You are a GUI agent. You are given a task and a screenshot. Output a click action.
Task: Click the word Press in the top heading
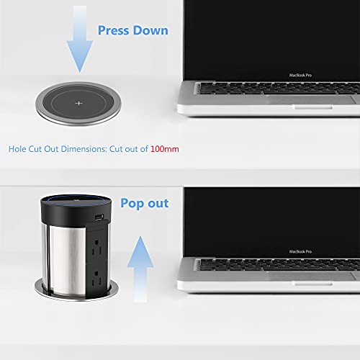[x=114, y=30]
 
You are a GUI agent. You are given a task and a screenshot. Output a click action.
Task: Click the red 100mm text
[x=164, y=149]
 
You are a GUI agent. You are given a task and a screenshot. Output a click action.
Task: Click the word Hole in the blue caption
[x=18, y=149]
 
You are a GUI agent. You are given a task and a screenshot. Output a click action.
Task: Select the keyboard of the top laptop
[x=281, y=90]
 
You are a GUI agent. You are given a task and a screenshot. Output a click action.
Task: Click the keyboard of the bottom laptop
[x=281, y=265]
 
